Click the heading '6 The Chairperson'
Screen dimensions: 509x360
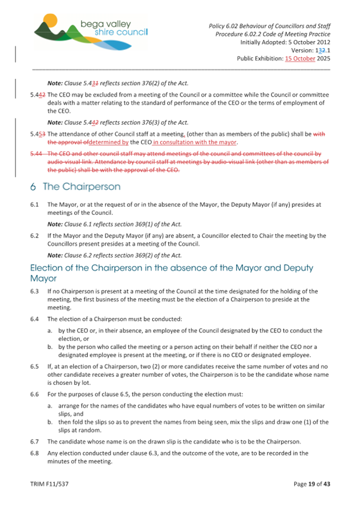pos(75,187)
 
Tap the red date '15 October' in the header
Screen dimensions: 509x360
pos(300,59)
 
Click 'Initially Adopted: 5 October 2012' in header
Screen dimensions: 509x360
pos(285,42)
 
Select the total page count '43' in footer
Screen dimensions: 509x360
pos(326,484)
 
